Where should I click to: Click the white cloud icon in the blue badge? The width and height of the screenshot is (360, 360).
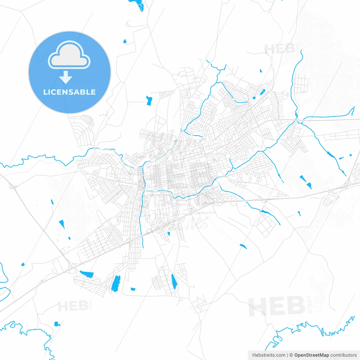[69, 55]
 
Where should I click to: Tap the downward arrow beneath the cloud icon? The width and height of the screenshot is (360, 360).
[66, 77]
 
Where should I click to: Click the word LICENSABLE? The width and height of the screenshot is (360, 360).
[69, 92]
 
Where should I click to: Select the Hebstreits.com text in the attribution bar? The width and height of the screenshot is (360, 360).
[269, 355]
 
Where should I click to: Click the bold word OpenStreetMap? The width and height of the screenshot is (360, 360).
[311, 355]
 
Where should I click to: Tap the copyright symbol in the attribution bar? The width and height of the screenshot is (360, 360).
[291, 355]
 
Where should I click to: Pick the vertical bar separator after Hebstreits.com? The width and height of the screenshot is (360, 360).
[287, 355]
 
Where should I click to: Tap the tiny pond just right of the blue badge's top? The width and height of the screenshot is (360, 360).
[125, 42]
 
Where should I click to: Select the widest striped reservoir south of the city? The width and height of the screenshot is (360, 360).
[116, 283]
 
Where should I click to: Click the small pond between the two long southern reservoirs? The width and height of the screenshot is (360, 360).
[133, 289]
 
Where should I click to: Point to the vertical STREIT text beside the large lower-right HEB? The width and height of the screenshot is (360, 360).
[310, 304]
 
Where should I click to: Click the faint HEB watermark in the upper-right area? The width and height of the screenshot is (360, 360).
[280, 49]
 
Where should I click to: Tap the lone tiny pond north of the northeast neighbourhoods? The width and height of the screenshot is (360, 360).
[261, 71]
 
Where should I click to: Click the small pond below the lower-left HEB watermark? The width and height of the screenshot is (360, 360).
[57, 324]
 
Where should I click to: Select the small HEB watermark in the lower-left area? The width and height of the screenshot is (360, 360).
[73, 306]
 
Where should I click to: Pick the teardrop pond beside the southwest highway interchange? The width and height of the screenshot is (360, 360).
[23, 264]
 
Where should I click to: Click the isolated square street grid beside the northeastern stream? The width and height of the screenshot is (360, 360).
[301, 84]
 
